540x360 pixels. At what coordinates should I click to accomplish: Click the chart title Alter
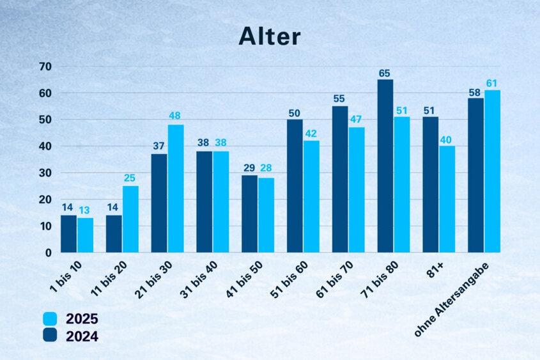269,36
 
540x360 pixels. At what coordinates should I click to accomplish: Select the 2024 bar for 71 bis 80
385,166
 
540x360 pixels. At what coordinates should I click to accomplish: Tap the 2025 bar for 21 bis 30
176,189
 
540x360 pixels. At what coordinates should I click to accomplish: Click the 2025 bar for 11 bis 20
130,219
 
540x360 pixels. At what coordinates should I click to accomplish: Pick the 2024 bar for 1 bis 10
68,234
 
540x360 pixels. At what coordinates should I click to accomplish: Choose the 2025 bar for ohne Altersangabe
492,171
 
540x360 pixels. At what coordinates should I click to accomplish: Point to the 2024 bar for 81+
431,185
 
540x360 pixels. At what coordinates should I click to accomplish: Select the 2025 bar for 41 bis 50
266,215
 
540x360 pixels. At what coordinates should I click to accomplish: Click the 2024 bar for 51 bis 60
295,186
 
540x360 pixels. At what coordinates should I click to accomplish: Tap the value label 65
385,74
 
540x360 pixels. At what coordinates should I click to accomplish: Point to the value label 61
492,83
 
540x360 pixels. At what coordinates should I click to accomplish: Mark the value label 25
130,178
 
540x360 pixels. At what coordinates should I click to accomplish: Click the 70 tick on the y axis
45,67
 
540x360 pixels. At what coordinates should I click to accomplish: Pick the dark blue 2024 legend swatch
50,335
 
